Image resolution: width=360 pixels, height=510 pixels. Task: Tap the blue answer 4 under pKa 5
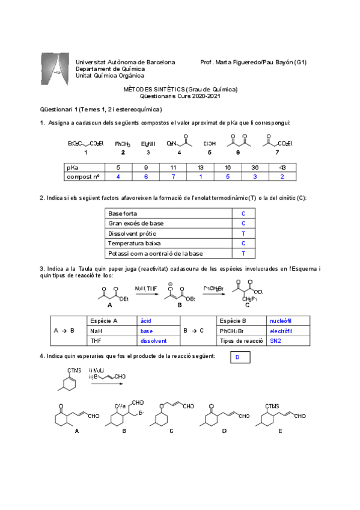tap(118, 177)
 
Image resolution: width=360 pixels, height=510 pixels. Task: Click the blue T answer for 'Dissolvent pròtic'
tap(243, 233)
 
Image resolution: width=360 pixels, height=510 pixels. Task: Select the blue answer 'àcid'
tap(147, 321)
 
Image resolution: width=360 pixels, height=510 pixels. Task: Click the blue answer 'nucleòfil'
tap(281, 321)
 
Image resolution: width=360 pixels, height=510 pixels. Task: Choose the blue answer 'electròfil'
tap(282, 331)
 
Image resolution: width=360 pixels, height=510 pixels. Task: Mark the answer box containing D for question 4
tap(239, 358)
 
